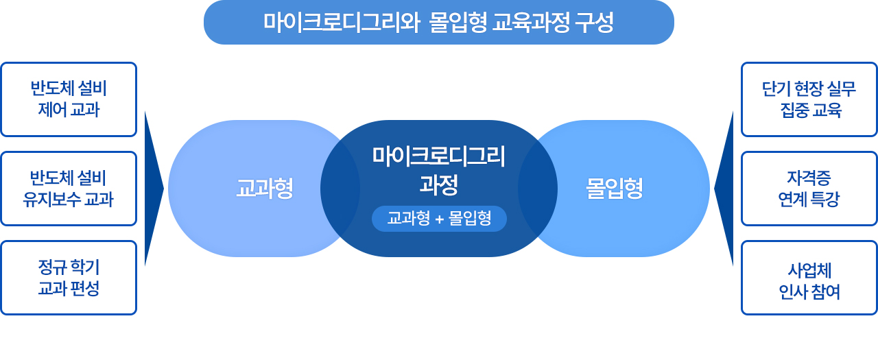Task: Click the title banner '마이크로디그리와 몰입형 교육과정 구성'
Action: [438, 23]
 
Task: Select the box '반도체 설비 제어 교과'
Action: [69, 99]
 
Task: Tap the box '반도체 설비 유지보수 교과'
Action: [69, 189]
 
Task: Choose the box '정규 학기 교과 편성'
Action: [69, 278]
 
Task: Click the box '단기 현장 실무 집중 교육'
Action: [809, 99]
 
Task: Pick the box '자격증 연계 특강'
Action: [809, 189]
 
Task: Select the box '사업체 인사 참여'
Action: [809, 278]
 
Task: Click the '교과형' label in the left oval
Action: [265, 189]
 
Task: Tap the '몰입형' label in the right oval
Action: [614, 189]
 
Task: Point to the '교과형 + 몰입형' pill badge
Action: [439, 219]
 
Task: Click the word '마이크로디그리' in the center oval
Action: [438, 156]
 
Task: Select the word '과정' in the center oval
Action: [438, 184]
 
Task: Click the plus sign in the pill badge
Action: [440, 219]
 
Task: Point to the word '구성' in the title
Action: [594, 23]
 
